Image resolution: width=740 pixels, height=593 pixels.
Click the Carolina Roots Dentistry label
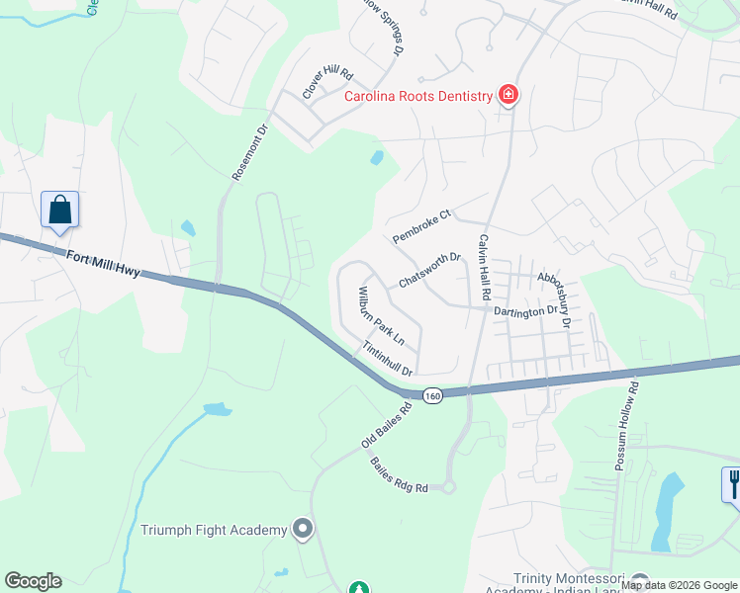pyautogui.click(x=417, y=96)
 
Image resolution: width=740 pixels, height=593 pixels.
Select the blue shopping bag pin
pyautogui.click(x=59, y=211)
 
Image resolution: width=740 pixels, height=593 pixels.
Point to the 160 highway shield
pyautogui.click(x=432, y=395)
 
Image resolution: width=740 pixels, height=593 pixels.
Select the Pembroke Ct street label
pyautogui.click(x=421, y=226)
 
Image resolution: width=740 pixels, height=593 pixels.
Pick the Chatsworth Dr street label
pyautogui.click(x=430, y=270)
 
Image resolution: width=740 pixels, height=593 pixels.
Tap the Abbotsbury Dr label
pyautogui.click(x=553, y=299)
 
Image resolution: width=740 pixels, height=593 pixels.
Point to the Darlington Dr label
pyautogui.click(x=525, y=311)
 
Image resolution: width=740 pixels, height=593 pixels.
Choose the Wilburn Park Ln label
pyautogui.click(x=381, y=315)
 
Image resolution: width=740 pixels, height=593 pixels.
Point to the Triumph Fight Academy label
pyautogui.click(x=214, y=531)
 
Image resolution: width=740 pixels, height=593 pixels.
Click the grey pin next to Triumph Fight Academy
pyautogui.click(x=303, y=530)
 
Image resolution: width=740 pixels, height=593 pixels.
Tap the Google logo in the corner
pyautogui.click(x=33, y=581)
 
